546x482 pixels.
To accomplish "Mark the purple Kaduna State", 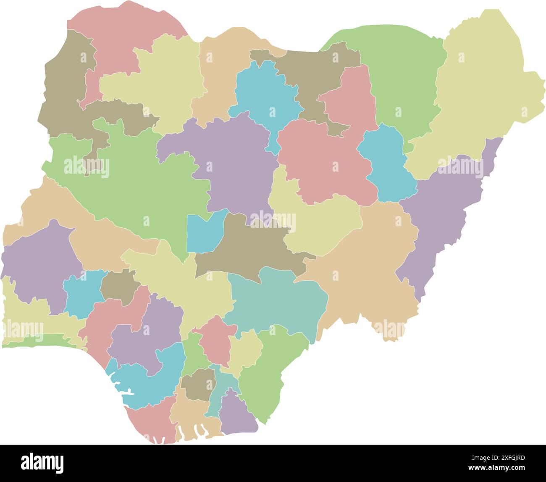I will (x=231, y=159).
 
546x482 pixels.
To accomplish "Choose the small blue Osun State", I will (x=82, y=294).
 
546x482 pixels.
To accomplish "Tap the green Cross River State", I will (x=269, y=369).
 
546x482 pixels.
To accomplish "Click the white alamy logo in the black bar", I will (x=42, y=463).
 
